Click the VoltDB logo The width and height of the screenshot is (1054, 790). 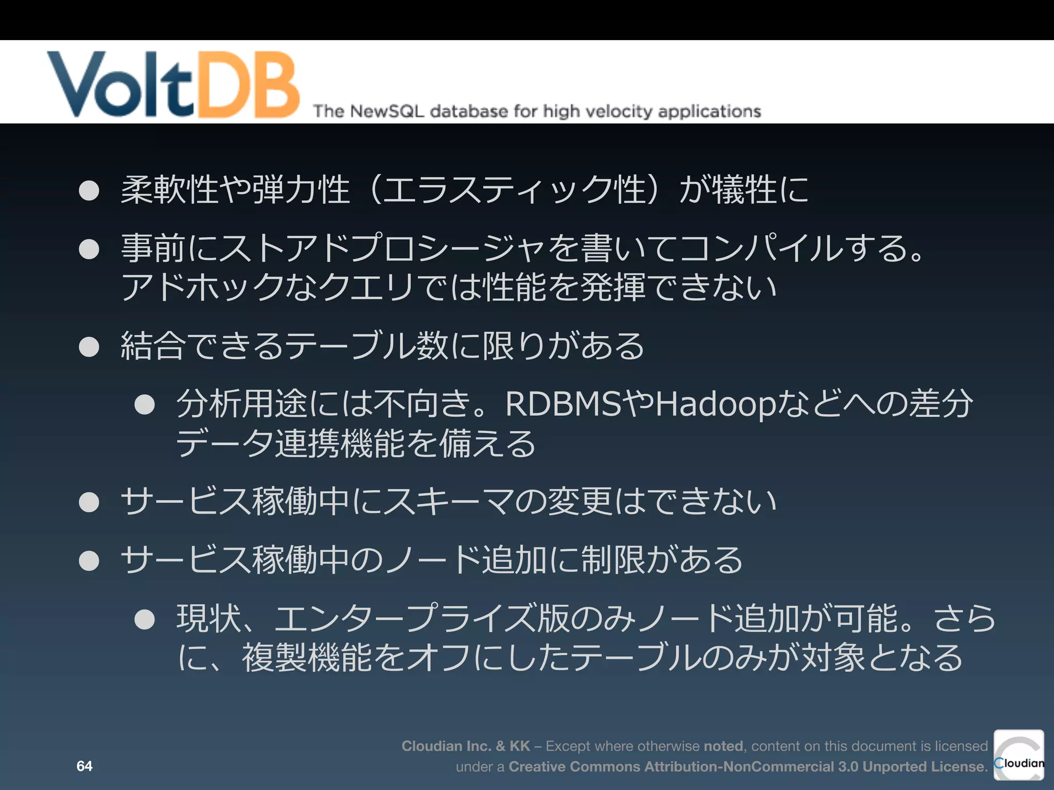[x=173, y=84]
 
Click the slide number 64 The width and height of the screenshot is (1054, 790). [x=84, y=766]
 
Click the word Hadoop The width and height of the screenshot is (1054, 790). [x=715, y=405]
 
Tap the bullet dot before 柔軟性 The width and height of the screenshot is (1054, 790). [x=89, y=191]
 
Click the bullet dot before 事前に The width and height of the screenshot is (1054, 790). [x=89, y=249]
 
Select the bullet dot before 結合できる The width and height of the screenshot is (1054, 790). [x=89, y=347]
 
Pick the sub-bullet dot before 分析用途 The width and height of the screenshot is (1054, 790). [x=145, y=405]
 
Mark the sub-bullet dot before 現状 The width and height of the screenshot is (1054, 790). [x=145, y=619]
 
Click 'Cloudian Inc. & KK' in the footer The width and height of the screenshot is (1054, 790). [x=466, y=746]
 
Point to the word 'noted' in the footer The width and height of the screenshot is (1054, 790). [x=723, y=746]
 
